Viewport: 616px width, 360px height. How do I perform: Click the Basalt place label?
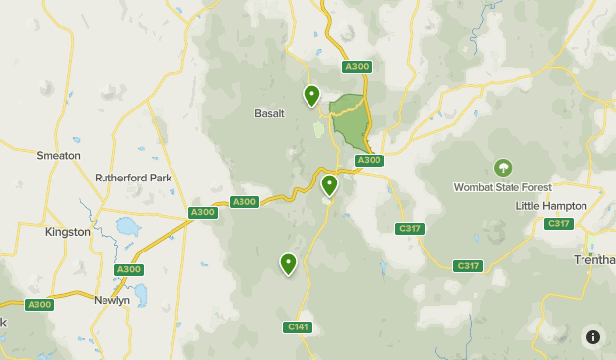tap(269, 113)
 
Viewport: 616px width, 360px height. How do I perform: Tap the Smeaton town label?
tap(58, 156)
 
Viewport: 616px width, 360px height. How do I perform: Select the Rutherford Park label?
tap(133, 179)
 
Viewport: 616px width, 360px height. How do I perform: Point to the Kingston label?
tap(67, 232)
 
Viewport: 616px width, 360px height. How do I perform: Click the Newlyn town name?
tap(111, 300)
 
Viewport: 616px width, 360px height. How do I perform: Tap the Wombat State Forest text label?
tap(503, 187)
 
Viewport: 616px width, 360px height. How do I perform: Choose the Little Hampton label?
tap(552, 206)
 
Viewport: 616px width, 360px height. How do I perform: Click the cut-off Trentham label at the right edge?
tap(594, 260)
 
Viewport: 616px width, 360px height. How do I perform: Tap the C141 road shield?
tap(298, 326)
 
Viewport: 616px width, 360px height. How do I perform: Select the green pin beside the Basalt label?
tap(311, 96)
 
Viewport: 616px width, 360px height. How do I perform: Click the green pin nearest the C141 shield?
tap(288, 263)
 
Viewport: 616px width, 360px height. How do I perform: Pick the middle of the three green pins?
tap(329, 184)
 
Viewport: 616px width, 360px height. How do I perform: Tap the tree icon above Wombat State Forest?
tap(503, 168)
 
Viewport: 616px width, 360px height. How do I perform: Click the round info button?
tap(592, 336)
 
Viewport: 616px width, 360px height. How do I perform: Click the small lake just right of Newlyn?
tap(140, 294)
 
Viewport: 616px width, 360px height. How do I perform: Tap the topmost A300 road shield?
tap(357, 67)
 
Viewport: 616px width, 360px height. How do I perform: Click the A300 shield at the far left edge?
tap(39, 304)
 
